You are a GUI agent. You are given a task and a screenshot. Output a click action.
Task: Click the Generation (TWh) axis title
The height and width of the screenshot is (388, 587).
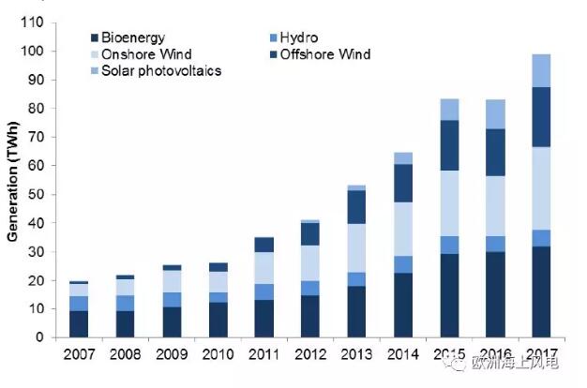click(x=13, y=181)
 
